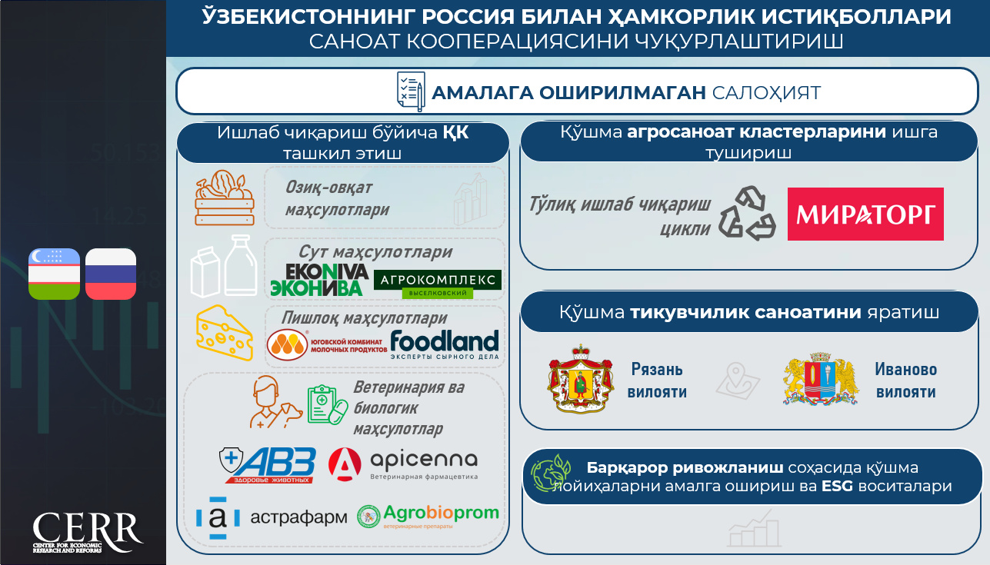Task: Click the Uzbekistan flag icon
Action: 54,274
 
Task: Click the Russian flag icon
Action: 111,274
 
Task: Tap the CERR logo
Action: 87,532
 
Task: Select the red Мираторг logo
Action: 865,214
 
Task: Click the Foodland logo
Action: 445,344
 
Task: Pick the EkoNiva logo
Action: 319,280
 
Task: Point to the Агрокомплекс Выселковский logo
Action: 438,284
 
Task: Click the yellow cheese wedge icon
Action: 225,333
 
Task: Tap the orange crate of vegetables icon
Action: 225,198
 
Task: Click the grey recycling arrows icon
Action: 747,213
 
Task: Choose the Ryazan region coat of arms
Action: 581,379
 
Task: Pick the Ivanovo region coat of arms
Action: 820,379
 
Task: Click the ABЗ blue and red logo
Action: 268,465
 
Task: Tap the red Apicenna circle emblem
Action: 345,464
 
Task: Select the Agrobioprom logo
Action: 428,516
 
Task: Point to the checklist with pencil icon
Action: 411,91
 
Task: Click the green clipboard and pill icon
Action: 328,404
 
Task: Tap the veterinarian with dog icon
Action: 275,402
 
